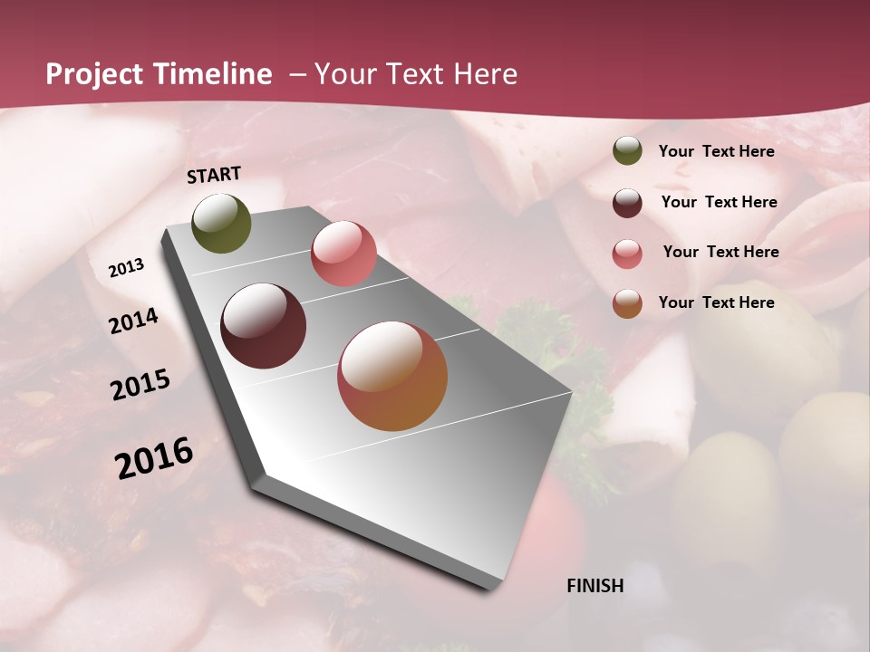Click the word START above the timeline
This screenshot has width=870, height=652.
pos(214,175)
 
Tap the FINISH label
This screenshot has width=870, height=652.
pos(595,586)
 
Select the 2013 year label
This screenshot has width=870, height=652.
pos(126,268)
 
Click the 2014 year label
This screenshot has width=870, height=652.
pos(133,321)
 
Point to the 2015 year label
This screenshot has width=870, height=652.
pos(140,385)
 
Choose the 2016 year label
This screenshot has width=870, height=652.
pos(154,458)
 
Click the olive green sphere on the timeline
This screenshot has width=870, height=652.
pos(222,223)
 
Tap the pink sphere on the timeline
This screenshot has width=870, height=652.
pos(343,254)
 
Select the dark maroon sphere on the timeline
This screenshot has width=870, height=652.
pos(264,326)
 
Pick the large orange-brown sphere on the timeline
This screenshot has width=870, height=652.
pos(392,376)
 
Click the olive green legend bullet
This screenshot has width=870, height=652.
pos(627,150)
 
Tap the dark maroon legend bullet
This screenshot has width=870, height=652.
pos(627,203)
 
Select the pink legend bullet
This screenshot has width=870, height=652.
pos(627,254)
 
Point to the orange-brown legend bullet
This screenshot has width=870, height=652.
pos(627,303)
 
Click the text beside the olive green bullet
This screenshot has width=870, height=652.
pos(716,151)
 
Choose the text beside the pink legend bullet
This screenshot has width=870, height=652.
pos(720,252)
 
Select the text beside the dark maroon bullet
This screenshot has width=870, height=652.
pos(719,202)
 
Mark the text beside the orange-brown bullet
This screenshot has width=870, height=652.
pos(716,302)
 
